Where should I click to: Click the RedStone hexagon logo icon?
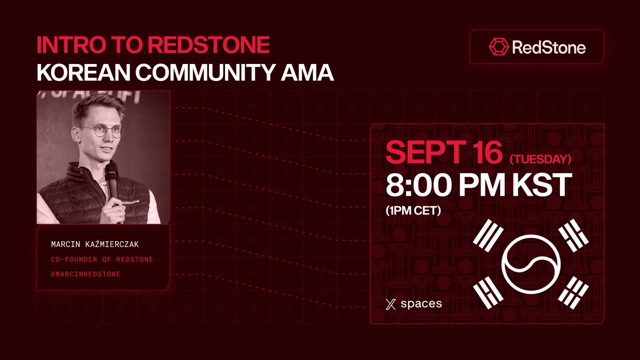tap(498, 47)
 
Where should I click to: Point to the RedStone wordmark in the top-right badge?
tap(548, 47)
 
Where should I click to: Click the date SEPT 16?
tap(444, 153)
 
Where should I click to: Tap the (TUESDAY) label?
tap(541, 159)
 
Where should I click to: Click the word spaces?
tap(421, 304)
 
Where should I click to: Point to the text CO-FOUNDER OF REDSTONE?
tap(102, 259)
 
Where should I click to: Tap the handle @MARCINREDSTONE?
tap(85, 274)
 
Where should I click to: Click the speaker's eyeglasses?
tap(103, 130)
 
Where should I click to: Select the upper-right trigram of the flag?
tap(573, 235)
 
